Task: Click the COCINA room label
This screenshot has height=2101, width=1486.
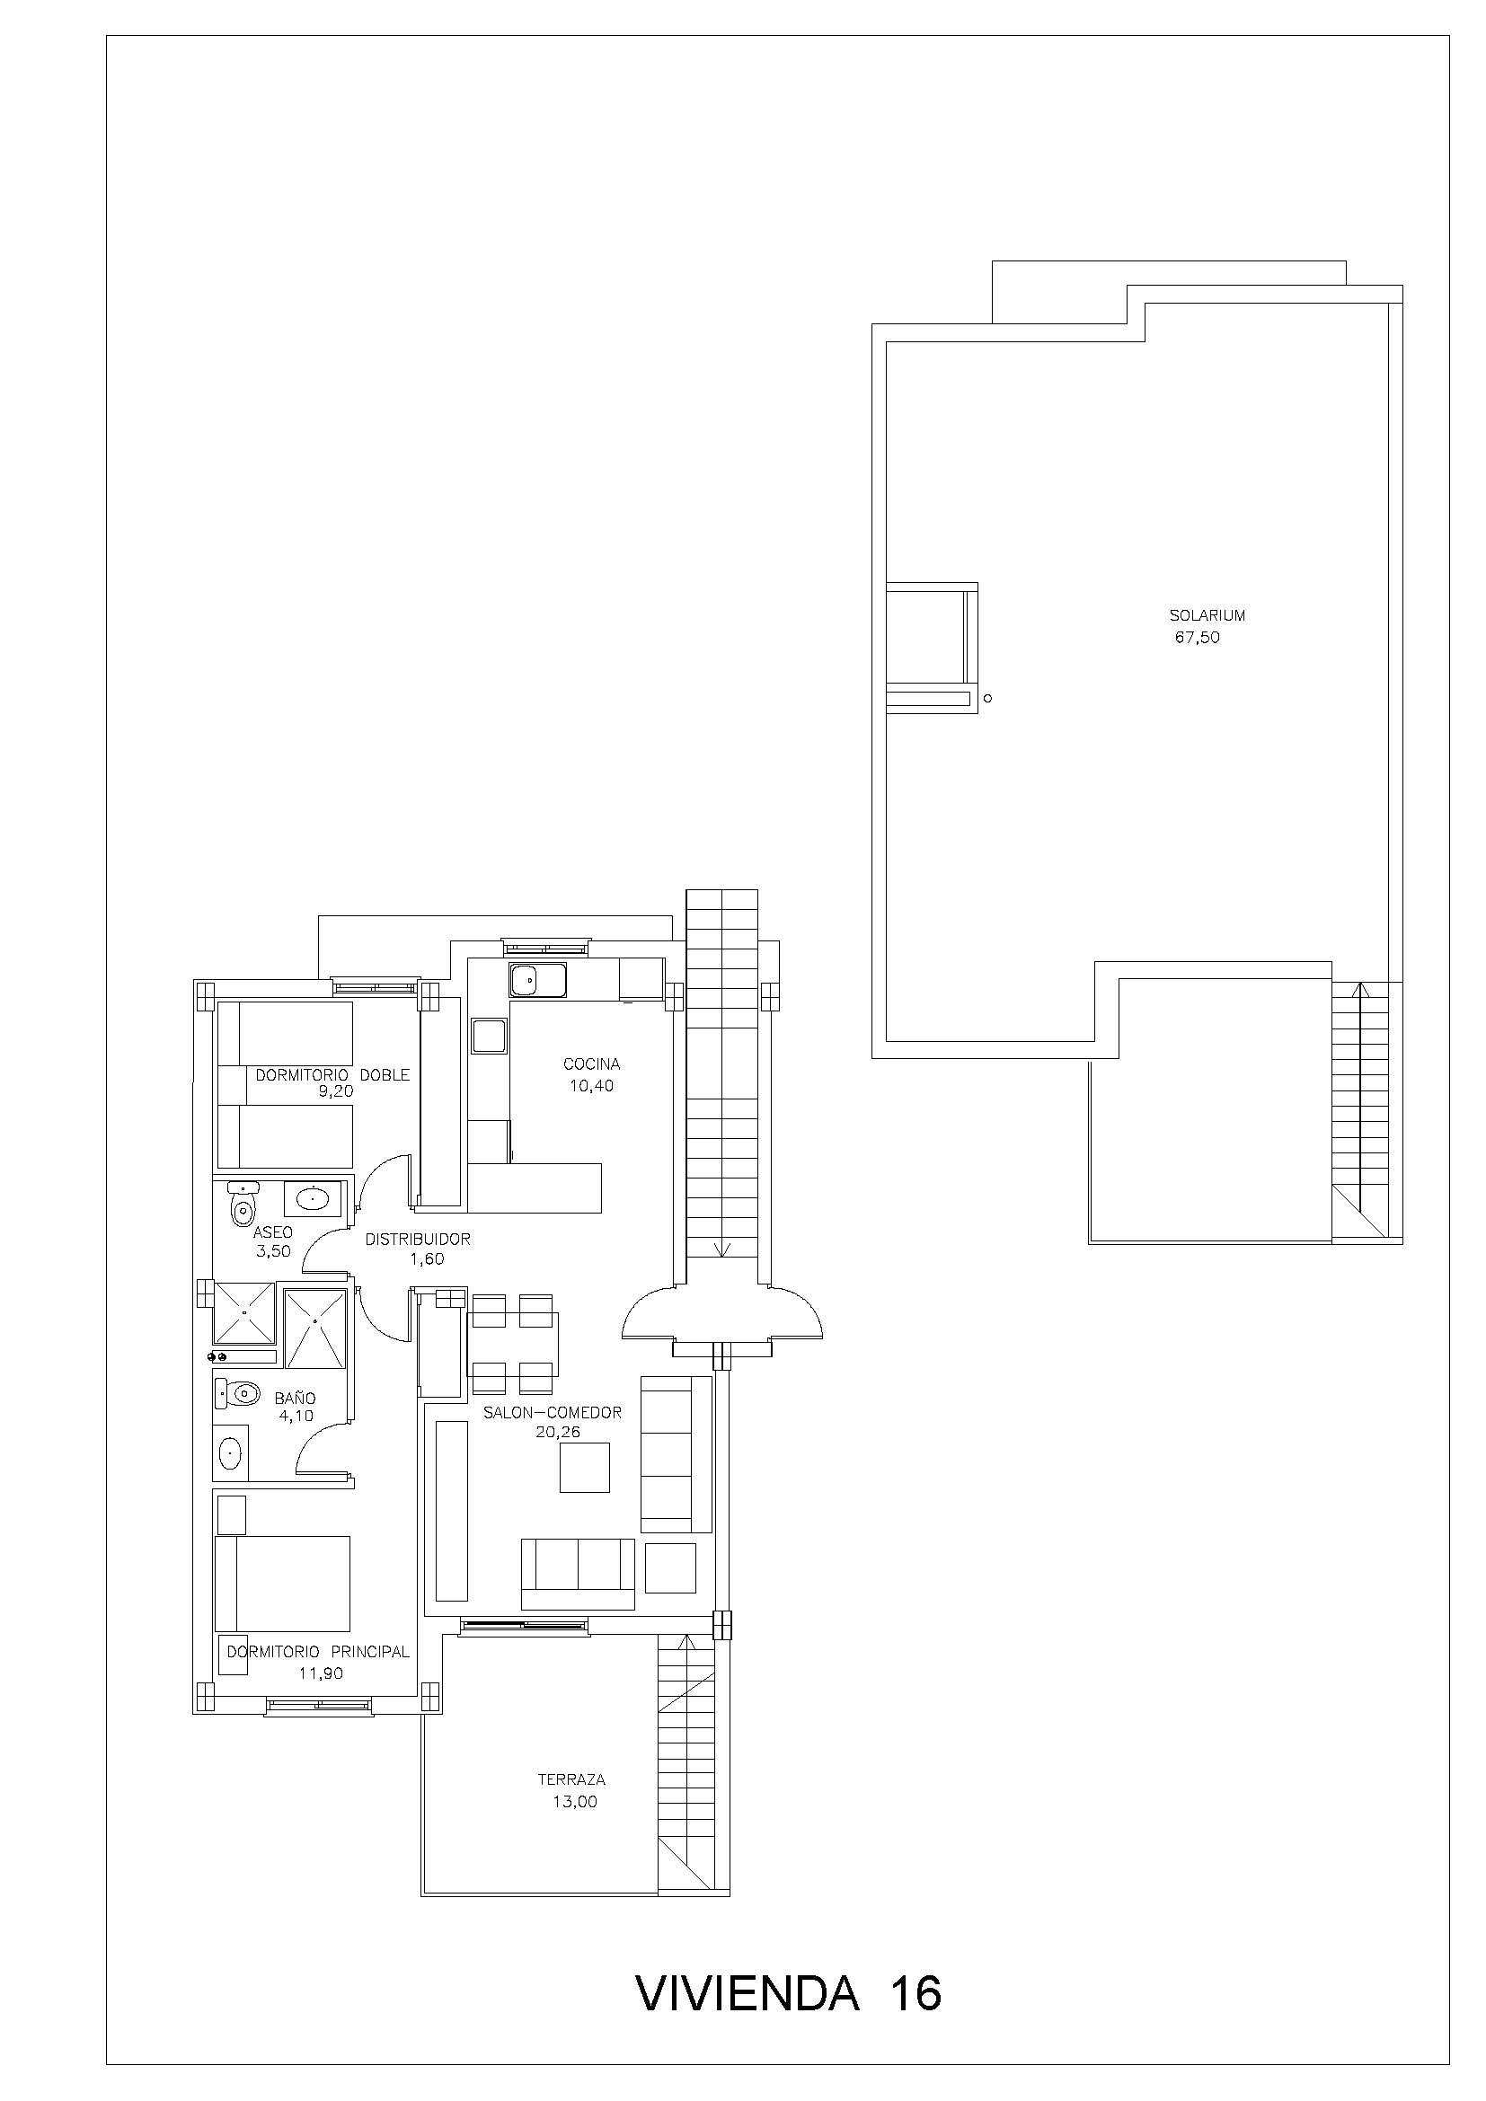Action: click(x=592, y=1064)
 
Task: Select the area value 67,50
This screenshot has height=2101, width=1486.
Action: click(x=1198, y=638)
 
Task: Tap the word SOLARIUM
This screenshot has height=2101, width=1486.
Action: click(x=1207, y=616)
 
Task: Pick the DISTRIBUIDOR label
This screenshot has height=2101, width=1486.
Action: click(x=417, y=1239)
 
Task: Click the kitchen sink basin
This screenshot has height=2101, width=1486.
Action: click(x=525, y=981)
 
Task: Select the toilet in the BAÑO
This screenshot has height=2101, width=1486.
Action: click(x=238, y=1394)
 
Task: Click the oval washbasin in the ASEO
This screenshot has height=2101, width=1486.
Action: click(x=312, y=1198)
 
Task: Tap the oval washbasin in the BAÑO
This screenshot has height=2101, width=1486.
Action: click(x=231, y=1452)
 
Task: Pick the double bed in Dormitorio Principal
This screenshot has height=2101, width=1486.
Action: click(x=283, y=1584)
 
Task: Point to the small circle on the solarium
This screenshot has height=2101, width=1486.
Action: click(x=987, y=699)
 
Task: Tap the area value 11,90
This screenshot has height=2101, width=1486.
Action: click(x=320, y=1673)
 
